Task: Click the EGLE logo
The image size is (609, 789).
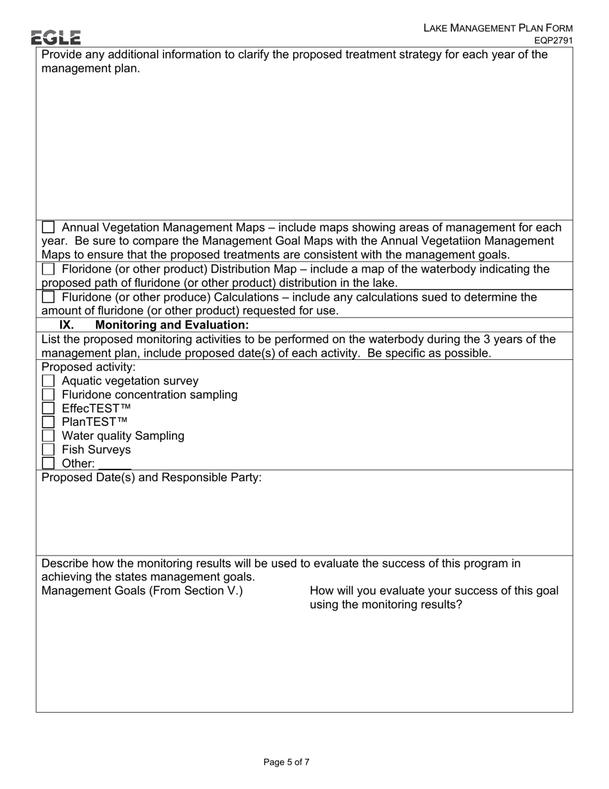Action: [56, 37]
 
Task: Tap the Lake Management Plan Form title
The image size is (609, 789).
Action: [497, 28]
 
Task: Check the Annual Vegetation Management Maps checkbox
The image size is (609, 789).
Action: [48, 228]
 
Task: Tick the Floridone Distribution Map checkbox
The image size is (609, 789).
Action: [48, 269]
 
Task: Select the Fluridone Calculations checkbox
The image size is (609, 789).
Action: [48, 298]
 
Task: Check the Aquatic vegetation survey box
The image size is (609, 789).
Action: [48, 382]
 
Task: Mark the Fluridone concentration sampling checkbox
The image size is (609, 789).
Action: [48, 395]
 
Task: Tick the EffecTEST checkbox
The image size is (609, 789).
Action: [48, 409]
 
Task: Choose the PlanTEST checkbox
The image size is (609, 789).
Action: [48, 422]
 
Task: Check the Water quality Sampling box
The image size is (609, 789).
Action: [48, 436]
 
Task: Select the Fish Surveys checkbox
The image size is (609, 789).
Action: [48, 450]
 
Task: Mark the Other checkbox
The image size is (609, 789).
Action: [48, 463]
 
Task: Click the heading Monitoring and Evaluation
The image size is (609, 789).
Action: [172, 325]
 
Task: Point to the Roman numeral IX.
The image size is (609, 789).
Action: [67, 325]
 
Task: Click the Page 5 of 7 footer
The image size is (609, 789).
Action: [287, 762]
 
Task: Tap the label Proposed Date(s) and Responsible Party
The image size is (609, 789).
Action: [151, 478]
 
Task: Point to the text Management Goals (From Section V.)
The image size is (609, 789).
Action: [142, 591]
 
